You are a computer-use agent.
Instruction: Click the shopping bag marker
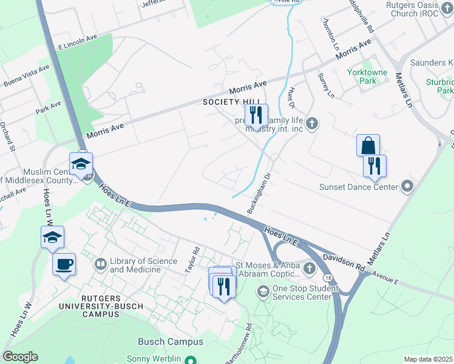coord(368,146)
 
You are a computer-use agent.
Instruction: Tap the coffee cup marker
coord(64,265)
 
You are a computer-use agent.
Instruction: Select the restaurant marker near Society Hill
coord(256,115)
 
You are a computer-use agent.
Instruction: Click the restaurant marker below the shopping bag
coord(375,166)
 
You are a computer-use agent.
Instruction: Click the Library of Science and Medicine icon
coord(101,265)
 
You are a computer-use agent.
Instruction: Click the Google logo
coord(20,357)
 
